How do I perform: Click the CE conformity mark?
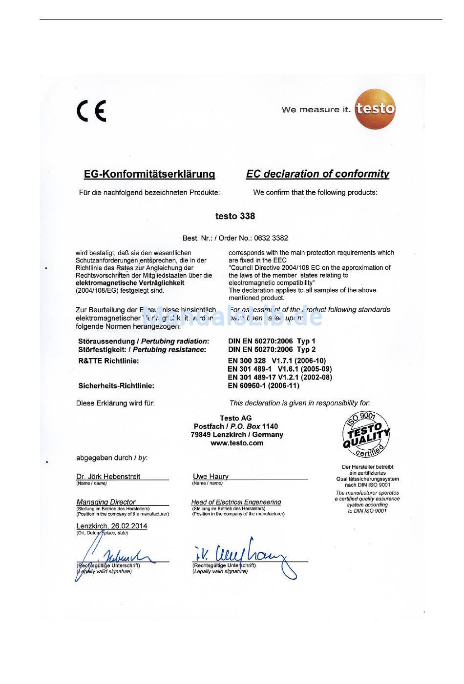click(91, 111)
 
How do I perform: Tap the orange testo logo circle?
click(375, 109)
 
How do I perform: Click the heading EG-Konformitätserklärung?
click(149, 174)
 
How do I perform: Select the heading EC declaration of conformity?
click(317, 174)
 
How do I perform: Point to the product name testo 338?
click(235, 216)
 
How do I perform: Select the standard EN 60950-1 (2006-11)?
click(263, 385)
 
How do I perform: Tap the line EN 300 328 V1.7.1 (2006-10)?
click(276, 361)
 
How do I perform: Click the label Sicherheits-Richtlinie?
click(116, 385)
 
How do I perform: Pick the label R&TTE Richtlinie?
click(108, 361)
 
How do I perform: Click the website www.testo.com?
click(237, 443)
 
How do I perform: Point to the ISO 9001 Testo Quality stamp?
click(366, 435)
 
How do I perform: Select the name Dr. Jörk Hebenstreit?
click(108, 477)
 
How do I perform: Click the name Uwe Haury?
click(211, 477)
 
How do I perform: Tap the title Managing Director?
click(106, 502)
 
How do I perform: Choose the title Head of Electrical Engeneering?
click(236, 502)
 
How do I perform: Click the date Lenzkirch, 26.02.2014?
click(112, 526)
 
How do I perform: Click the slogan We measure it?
click(316, 110)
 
